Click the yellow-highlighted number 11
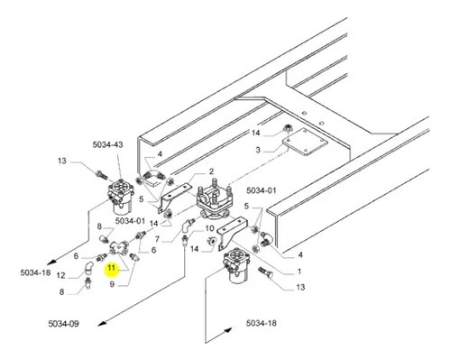click(x=112, y=268)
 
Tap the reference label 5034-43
click(x=107, y=144)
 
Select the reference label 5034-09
click(x=63, y=324)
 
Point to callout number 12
click(x=61, y=275)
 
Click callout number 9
click(x=112, y=284)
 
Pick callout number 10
click(x=209, y=228)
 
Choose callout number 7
click(x=157, y=239)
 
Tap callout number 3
click(x=258, y=150)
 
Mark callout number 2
click(x=211, y=171)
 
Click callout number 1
click(x=299, y=272)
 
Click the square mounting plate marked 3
click(x=305, y=142)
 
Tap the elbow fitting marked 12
click(x=88, y=268)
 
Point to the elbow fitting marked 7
click(x=188, y=226)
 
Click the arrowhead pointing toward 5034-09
click(x=103, y=323)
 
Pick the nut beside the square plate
click(x=288, y=129)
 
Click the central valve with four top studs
click(x=215, y=201)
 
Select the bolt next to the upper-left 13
click(x=101, y=175)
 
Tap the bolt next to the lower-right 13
click(x=266, y=272)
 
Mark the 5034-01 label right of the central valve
click(x=262, y=190)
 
